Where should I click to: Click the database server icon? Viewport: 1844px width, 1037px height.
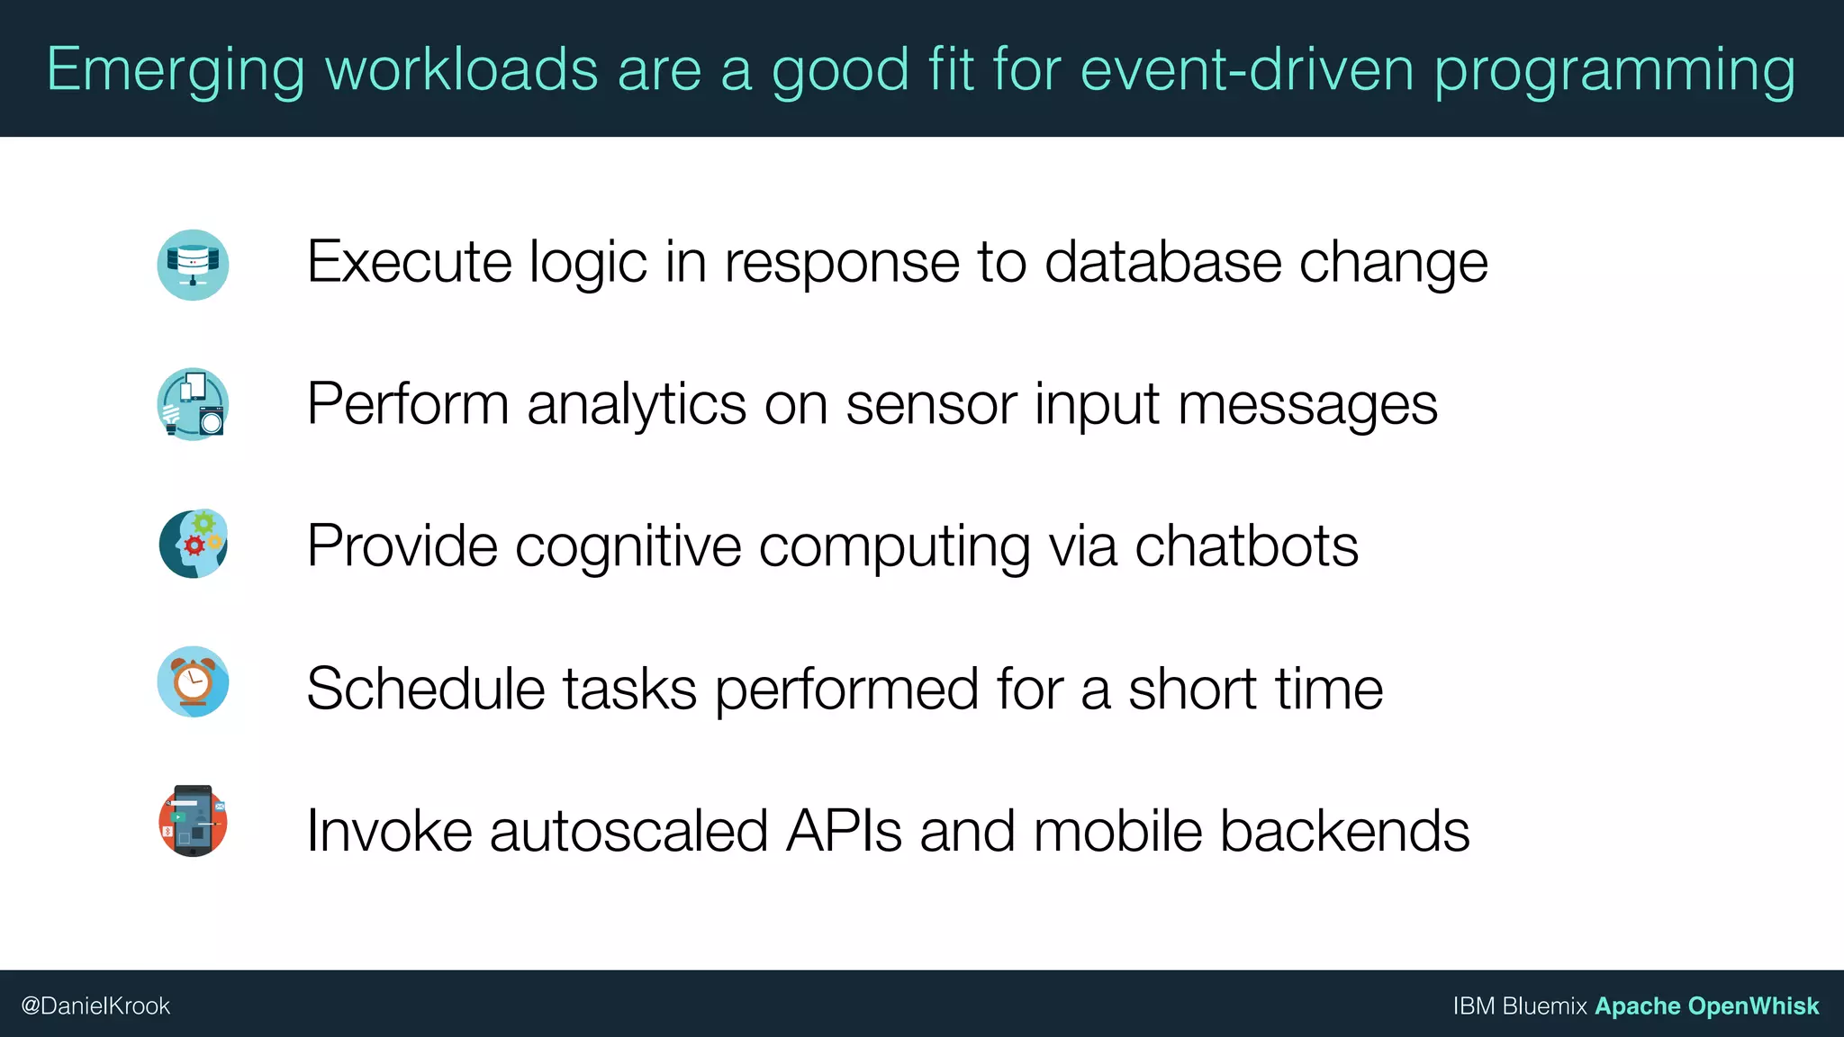coord(193,265)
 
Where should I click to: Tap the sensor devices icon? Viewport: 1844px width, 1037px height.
coord(193,404)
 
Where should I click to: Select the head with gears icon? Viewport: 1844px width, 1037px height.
coord(193,544)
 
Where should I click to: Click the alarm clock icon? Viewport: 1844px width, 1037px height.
coord(193,681)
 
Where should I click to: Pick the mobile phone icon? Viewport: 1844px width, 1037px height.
coord(193,820)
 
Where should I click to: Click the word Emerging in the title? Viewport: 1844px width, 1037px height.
coord(176,70)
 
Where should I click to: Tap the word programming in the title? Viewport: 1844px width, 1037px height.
coord(1614,70)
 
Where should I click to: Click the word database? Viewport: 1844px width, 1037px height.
coord(1162,262)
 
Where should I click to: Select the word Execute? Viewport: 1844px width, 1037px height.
coord(409,262)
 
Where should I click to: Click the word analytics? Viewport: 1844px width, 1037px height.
coord(637,404)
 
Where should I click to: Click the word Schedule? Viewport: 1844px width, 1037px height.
coord(426,689)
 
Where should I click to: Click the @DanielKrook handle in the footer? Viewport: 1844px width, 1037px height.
coord(95,1005)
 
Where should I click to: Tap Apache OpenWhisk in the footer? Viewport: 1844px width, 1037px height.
coord(1706,1005)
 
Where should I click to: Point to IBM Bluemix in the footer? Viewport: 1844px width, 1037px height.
coord(1519,1005)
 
